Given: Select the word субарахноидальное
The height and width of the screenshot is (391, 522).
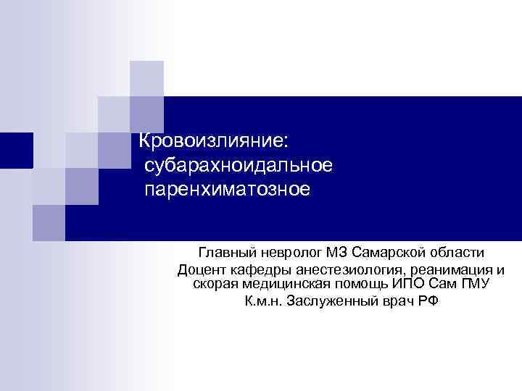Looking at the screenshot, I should point(239,166).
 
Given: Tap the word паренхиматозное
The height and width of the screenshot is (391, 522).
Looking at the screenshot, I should point(227,191).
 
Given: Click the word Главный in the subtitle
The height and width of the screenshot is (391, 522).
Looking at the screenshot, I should point(223,253).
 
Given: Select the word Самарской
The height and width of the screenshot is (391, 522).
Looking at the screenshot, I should point(385,253).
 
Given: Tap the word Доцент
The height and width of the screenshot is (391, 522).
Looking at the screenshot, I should point(200,270).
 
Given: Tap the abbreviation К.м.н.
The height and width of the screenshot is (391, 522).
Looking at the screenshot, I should point(262,300).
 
